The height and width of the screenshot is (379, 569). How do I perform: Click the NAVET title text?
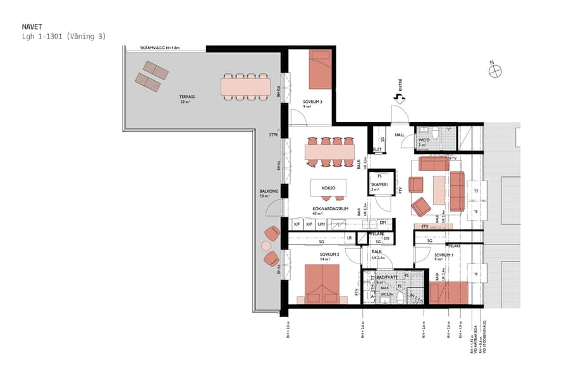coord(32,27)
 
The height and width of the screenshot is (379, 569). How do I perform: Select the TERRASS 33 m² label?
coord(187,99)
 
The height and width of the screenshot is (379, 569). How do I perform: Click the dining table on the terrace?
coord(245,87)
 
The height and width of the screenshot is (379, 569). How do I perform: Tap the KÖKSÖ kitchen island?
coord(327,188)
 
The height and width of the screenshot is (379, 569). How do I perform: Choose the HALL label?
coord(400,135)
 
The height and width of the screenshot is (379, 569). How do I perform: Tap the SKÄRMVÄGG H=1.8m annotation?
coord(161,47)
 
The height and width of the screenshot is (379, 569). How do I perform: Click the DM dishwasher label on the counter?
coord(382,224)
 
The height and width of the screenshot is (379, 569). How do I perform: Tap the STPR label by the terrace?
coord(273,134)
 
